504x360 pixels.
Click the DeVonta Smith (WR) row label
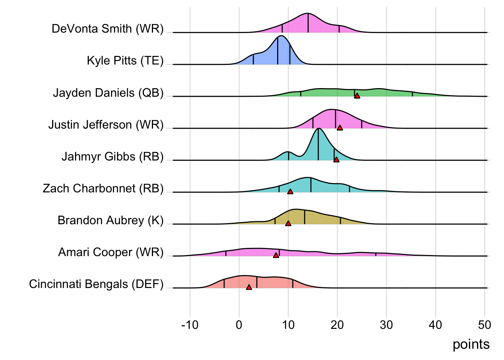(108, 29)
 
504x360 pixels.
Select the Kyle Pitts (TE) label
(125, 61)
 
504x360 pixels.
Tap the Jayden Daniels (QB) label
(108, 93)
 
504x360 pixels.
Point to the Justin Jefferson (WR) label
(106, 124)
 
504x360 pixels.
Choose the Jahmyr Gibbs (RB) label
(112, 156)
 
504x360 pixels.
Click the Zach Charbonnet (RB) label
(103, 188)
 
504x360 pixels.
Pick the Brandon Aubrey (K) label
(111, 220)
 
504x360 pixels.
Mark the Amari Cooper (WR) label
(111, 252)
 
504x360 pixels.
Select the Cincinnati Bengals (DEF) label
(96, 284)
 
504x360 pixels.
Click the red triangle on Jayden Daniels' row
(357, 96)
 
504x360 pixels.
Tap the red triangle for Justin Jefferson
(340, 128)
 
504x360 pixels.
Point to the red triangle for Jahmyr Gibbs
(336, 160)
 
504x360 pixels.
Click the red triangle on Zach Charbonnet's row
(290, 192)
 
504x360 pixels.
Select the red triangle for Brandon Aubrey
(288, 223)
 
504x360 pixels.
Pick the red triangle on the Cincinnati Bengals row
(249, 287)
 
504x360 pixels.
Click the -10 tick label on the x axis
(190, 325)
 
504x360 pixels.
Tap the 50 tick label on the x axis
(484, 325)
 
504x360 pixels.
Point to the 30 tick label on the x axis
(386, 325)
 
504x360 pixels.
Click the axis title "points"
(471, 344)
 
